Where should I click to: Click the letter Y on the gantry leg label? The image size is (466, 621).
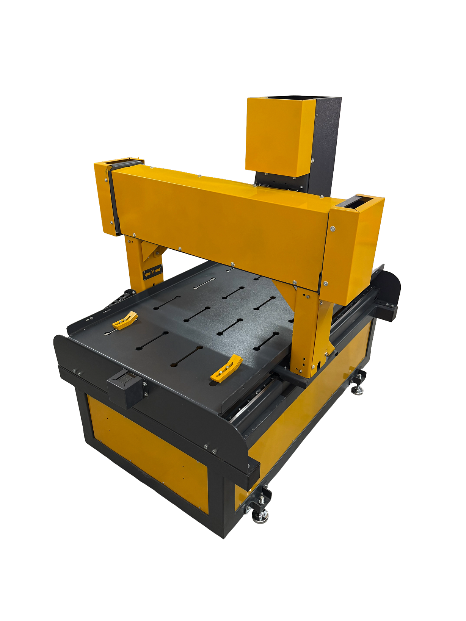click(153, 272)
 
